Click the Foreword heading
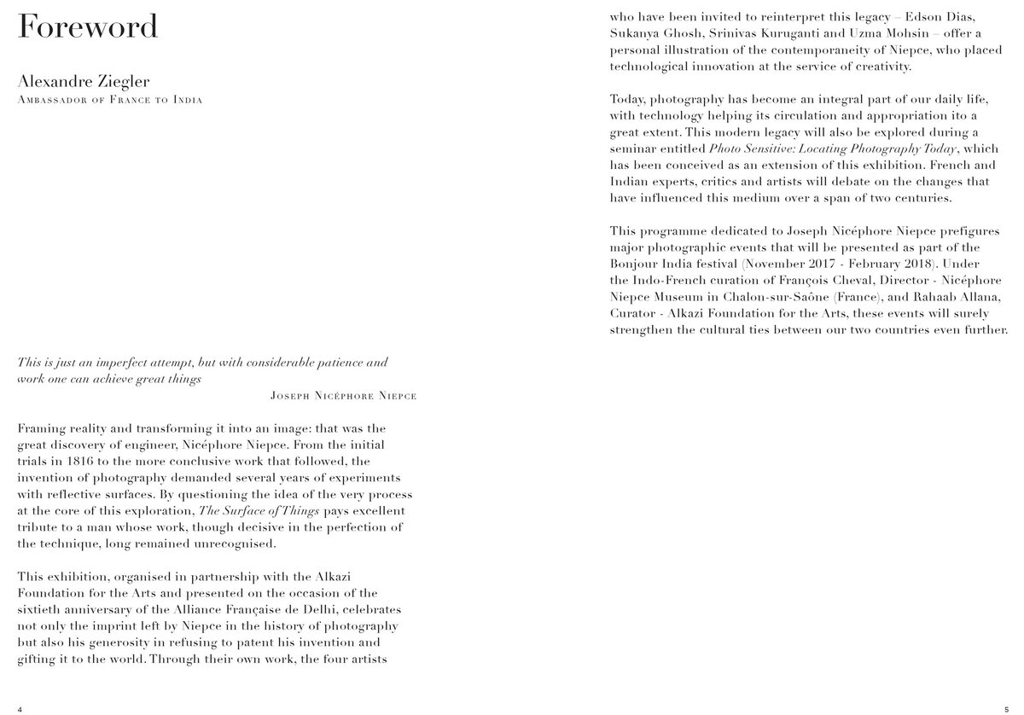(x=88, y=26)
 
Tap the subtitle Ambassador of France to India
(x=109, y=100)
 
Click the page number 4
(x=20, y=708)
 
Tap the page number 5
(x=1006, y=708)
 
